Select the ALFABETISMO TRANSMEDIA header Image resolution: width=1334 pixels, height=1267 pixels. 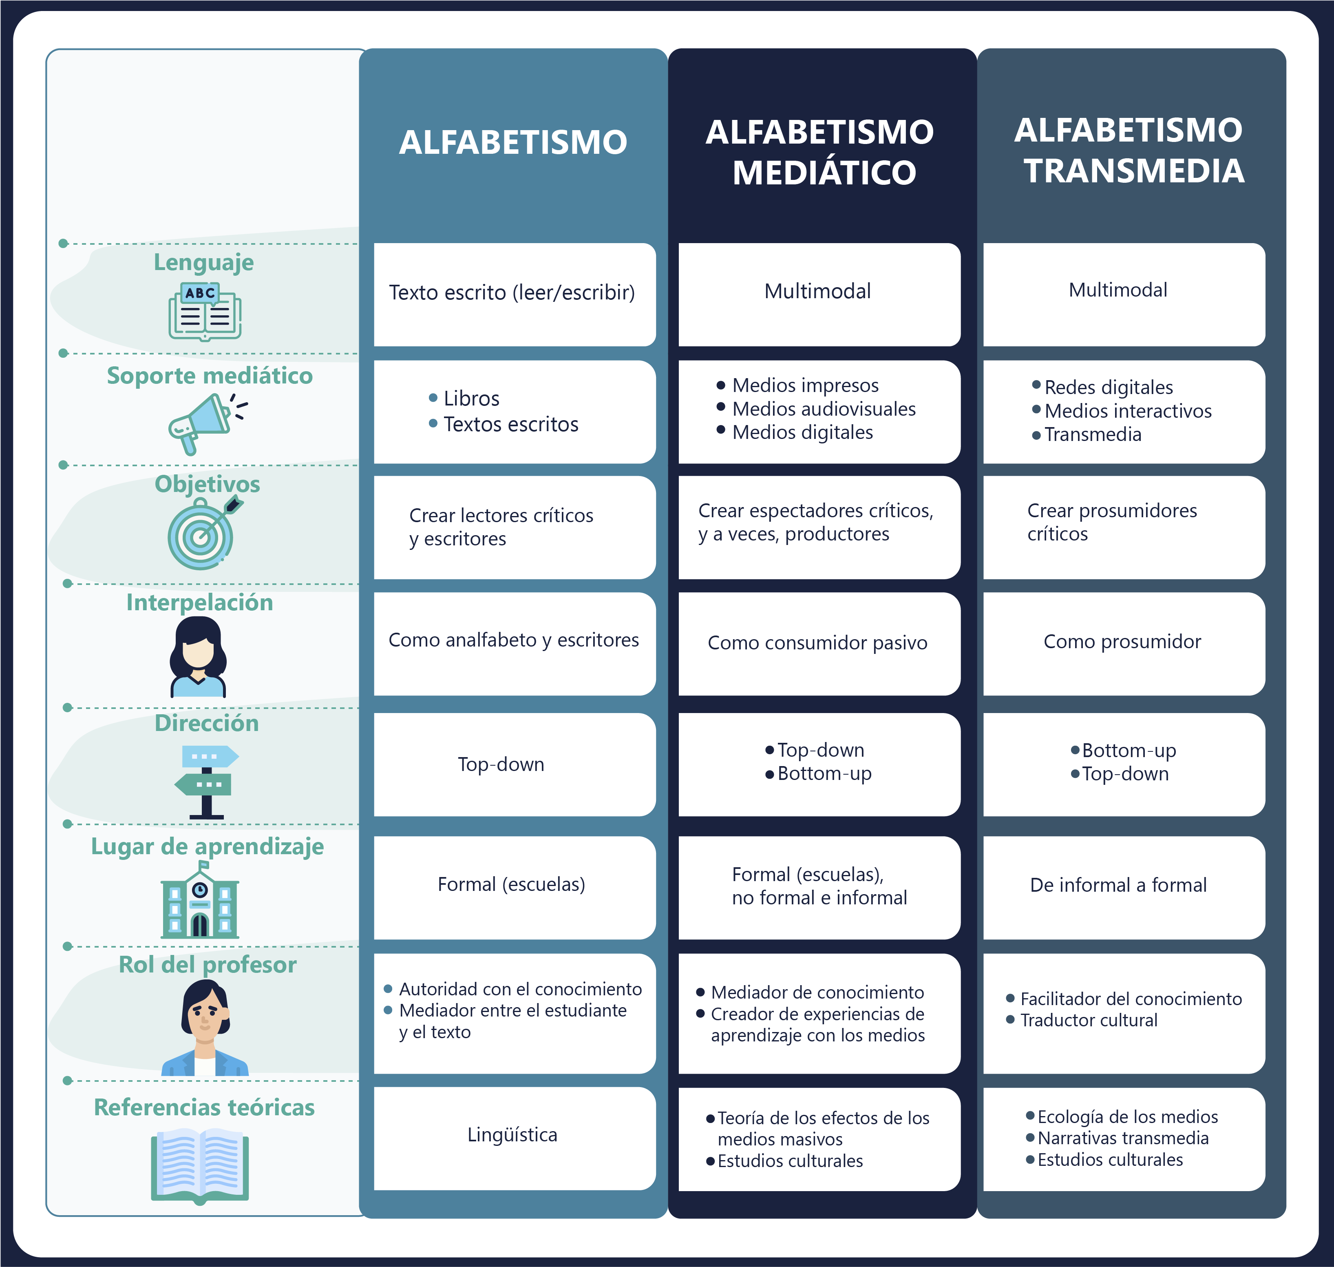(1129, 150)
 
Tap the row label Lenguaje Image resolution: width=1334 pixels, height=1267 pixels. (204, 262)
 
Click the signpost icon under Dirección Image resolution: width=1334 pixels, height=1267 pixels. (207, 782)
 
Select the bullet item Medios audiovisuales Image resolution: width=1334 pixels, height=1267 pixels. (824, 409)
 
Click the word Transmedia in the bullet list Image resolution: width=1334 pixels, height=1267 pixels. (1093, 434)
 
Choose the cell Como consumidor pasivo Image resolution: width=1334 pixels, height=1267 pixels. (817, 643)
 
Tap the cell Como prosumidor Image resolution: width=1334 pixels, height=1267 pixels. (1122, 642)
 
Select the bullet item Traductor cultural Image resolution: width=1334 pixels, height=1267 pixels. (1088, 1021)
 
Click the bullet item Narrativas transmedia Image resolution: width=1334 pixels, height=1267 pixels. (1123, 1139)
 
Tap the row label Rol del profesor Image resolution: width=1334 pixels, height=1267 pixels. (207, 964)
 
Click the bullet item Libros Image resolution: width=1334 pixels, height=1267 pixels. (471, 399)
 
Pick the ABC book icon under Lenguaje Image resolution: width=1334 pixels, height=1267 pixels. (205, 311)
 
